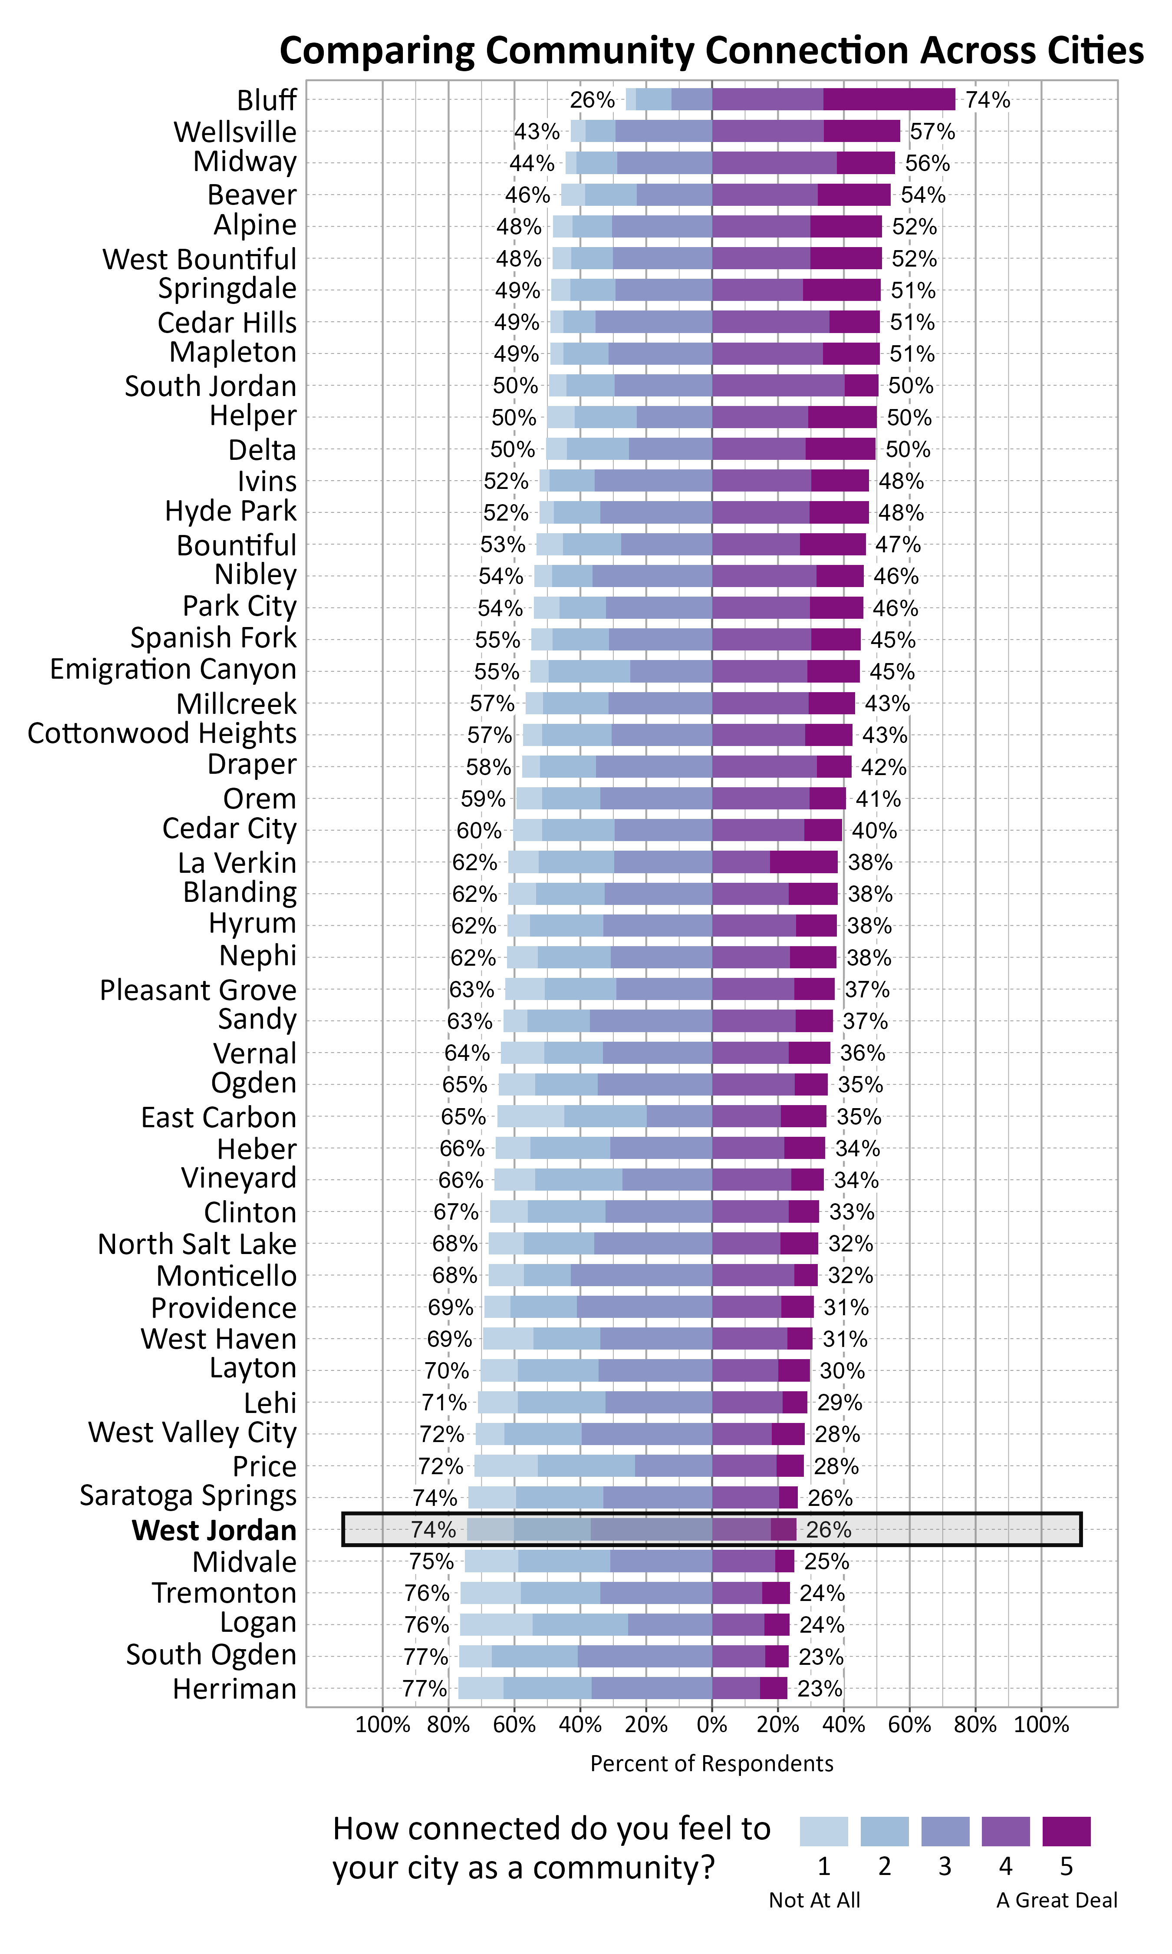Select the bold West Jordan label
214,1530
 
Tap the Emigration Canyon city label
173,669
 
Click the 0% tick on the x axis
711,1725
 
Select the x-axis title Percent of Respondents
711,1764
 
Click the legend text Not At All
814,1900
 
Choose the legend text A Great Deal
1057,1900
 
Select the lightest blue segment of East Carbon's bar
531,1116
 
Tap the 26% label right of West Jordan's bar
829,1530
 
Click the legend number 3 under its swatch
945,1866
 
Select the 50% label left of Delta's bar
513,449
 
